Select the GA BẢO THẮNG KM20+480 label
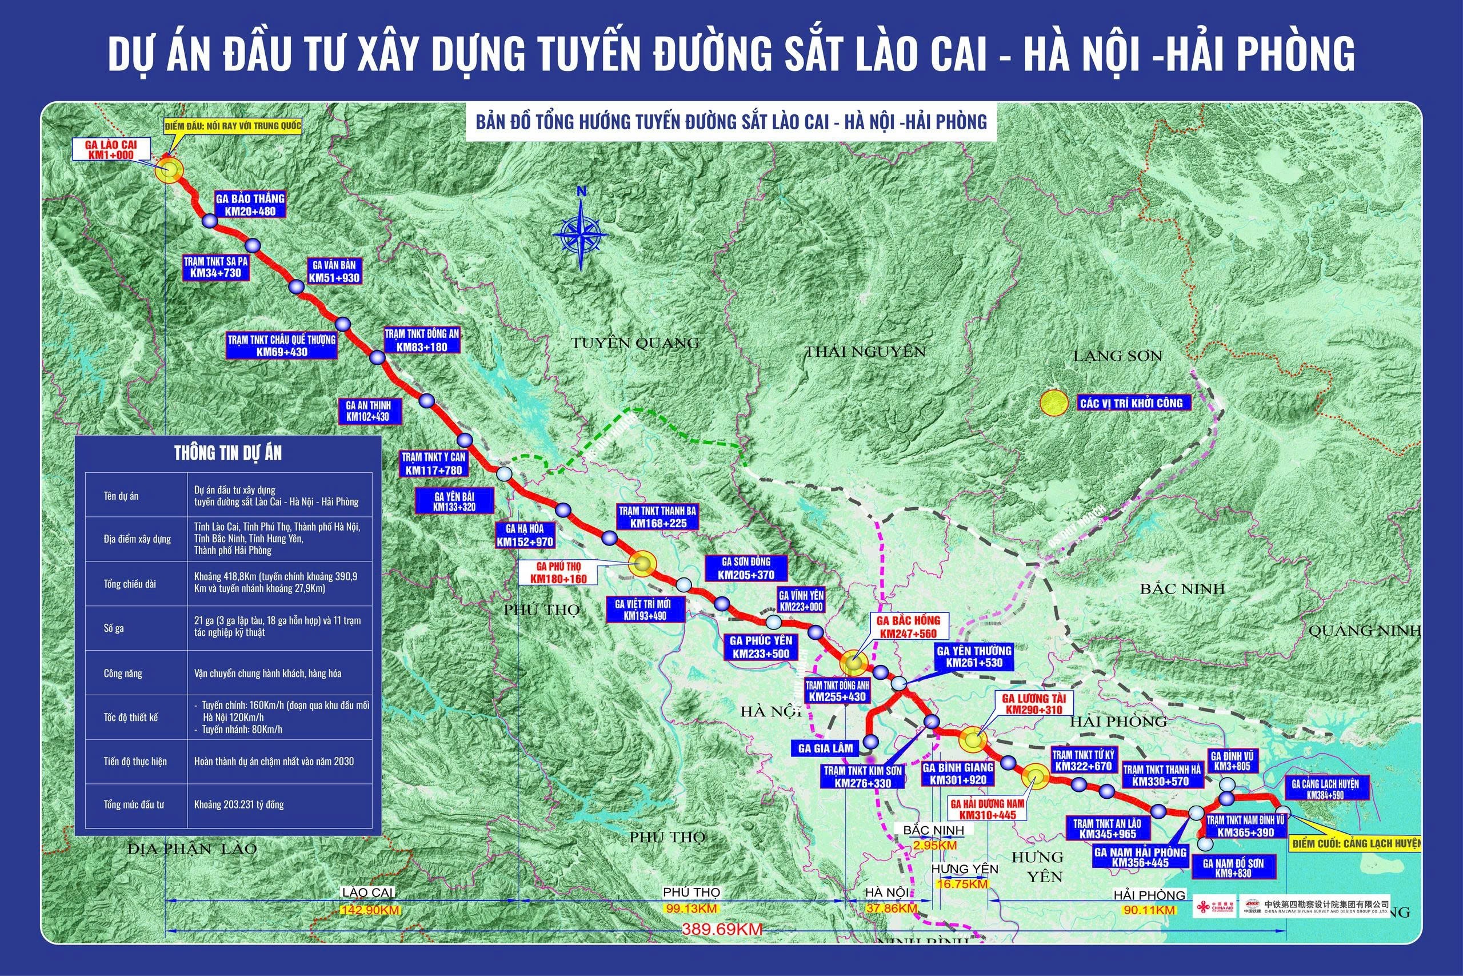pyautogui.click(x=250, y=205)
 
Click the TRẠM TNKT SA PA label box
pyautogui.click(x=215, y=267)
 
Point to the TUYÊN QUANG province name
pyautogui.click(x=635, y=342)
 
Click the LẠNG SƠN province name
pyautogui.click(x=1118, y=356)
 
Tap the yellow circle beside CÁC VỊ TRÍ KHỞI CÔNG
pyautogui.click(x=1054, y=403)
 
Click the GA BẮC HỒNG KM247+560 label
pyautogui.click(x=908, y=627)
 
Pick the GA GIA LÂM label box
pyautogui.click(x=825, y=748)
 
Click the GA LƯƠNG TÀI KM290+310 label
pyautogui.click(x=1034, y=704)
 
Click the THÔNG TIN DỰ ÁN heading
pyautogui.click(x=227, y=453)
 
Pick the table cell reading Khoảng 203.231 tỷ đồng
pyautogui.click(x=239, y=804)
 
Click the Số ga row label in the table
pyautogui.click(x=114, y=628)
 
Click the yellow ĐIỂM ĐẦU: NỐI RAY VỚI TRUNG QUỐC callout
pyautogui.click(x=233, y=126)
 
